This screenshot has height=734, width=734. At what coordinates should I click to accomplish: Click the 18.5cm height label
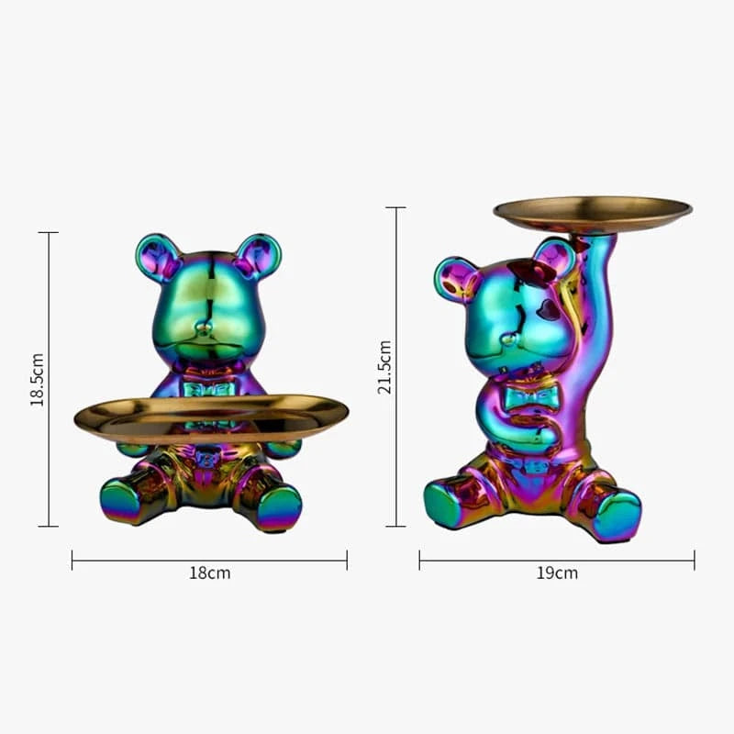click(x=37, y=379)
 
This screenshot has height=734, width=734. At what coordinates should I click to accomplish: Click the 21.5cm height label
click(x=384, y=367)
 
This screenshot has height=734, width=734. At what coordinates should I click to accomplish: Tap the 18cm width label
click(x=209, y=573)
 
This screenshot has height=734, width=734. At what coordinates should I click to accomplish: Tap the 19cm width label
click(x=557, y=573)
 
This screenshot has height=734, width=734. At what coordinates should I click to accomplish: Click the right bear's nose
click(x=506, y=339)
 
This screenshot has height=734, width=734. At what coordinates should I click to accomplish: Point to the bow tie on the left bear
click(x=209, y=388)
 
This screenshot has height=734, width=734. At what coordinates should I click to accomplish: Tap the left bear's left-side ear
click(x=157, y=256)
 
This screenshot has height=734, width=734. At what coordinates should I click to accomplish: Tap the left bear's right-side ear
click(x=259, y=255)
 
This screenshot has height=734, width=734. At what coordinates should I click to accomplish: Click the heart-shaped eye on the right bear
click(x=548, y=309)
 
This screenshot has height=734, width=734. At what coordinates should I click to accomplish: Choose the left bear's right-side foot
click(x=278, y=507)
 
